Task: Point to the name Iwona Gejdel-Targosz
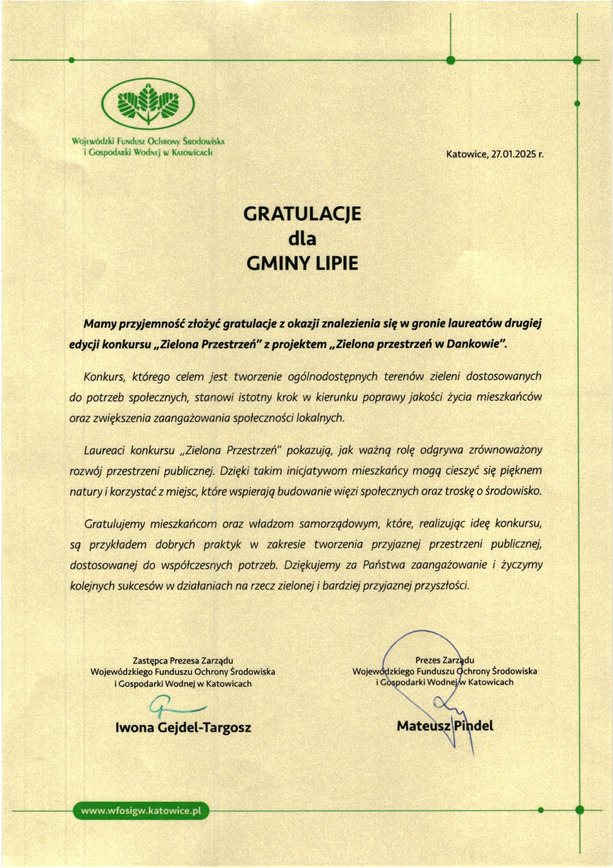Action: click(x=183, y=727)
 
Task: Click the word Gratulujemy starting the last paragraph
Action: click(x=114, y=524)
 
